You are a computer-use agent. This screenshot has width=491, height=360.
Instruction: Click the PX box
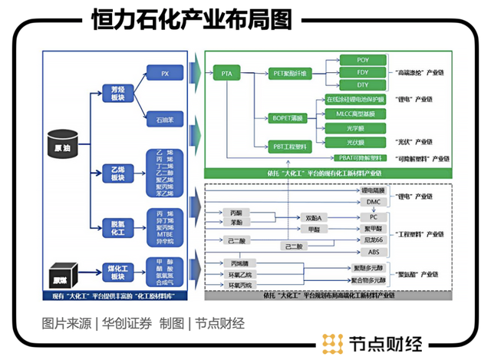click(x=163, y=74)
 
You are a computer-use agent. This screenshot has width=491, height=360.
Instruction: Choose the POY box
click(x=363, y=59)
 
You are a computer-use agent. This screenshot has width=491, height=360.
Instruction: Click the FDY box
click(x=363, y=72)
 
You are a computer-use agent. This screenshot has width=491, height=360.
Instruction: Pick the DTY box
click(x=363, y=85)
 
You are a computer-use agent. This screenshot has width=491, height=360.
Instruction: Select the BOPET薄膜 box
click(x=289, y=118)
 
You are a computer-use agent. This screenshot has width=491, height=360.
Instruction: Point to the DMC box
click(x=372, y=201)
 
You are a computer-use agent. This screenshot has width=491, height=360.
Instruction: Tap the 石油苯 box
click(x=163, y=121)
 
